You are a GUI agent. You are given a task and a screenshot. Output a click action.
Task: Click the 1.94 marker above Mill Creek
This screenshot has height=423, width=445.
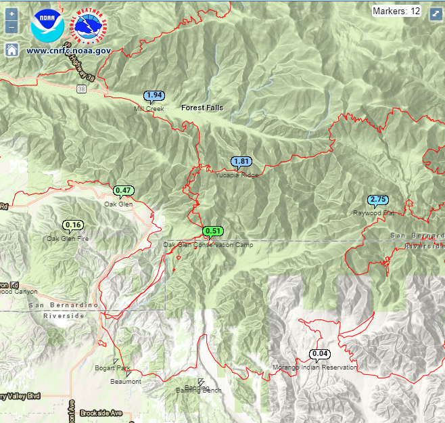(154, 95)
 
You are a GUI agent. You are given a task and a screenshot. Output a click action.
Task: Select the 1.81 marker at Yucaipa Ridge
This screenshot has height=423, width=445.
(241, 162)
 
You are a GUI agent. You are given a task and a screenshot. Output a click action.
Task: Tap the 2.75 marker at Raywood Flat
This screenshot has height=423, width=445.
(378, 200)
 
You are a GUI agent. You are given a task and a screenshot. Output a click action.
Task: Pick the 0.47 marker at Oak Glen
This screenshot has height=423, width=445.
(122, 190)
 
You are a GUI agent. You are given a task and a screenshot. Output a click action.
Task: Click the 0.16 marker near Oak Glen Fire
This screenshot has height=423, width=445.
(73, 225)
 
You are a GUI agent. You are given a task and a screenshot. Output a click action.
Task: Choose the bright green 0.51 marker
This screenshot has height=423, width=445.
(213, 231)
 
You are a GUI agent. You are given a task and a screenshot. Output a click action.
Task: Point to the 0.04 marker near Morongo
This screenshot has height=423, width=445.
(321, 353)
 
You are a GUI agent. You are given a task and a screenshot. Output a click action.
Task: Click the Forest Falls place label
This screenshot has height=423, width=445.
(202, 108)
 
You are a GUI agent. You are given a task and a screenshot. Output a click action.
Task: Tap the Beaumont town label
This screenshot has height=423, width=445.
(126, 382)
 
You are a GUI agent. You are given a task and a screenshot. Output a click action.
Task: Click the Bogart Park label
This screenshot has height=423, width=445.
(112, 368)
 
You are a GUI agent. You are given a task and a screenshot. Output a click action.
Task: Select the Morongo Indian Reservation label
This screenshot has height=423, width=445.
(314, 367)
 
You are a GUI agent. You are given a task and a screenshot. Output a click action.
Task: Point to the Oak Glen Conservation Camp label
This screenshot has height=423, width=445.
(208, 244)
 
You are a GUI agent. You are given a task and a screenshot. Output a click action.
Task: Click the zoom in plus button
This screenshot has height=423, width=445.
(11, 14)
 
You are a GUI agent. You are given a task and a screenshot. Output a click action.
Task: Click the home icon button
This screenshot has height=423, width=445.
(11, 49)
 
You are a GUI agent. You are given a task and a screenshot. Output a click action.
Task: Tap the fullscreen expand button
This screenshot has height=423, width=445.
(436, 14)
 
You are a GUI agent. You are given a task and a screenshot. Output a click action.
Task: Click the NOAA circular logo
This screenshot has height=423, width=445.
(47, 26)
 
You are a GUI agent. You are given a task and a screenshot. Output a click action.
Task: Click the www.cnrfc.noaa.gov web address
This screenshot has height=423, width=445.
(68, 50)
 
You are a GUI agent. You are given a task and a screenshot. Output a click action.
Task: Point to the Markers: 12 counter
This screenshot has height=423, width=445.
(396, 11)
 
